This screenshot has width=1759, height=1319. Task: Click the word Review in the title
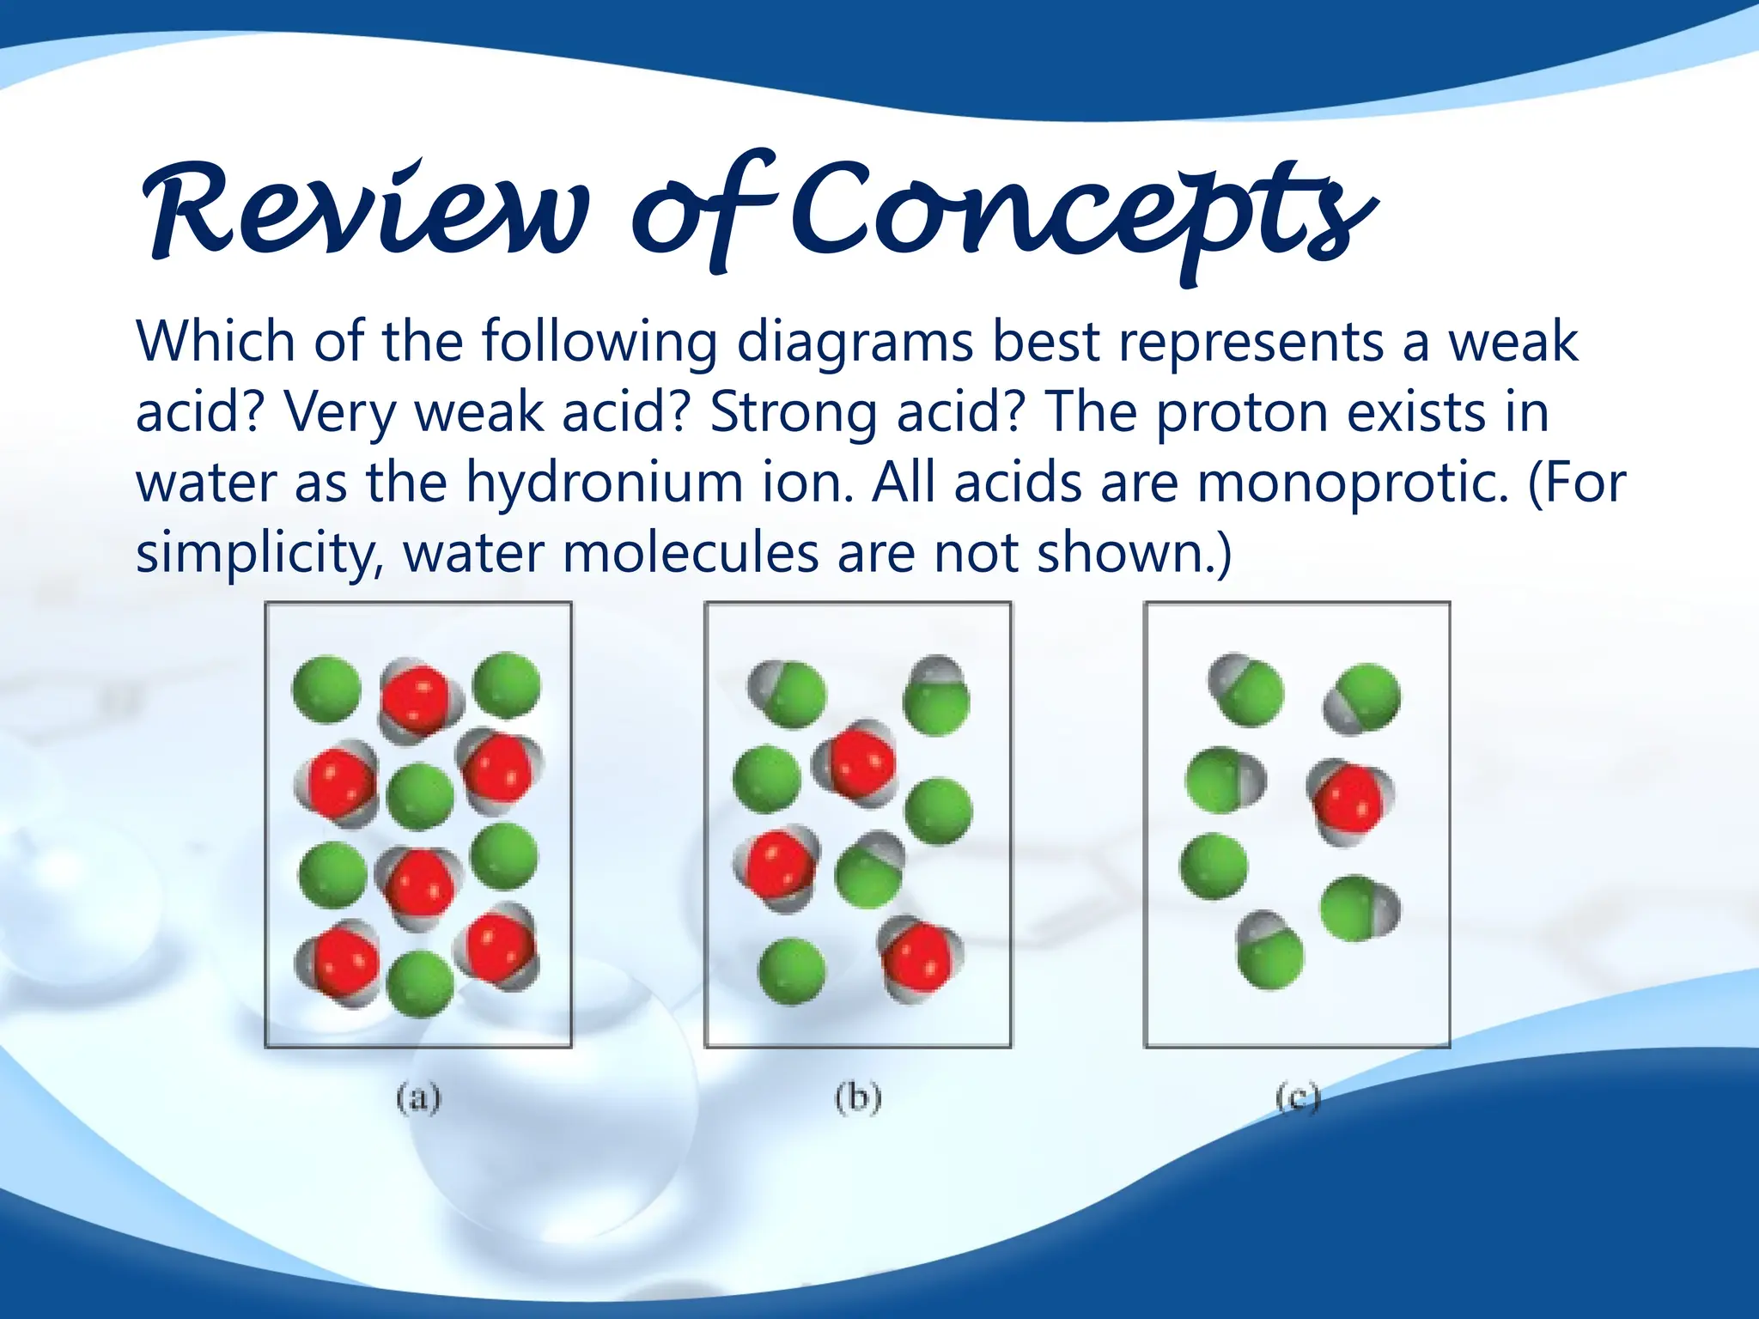[x=365, y=210]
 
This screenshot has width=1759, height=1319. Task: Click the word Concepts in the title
[x=1082, y=215]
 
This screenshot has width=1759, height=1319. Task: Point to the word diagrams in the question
[x=855, y=342]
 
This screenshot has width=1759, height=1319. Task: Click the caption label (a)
[x=418, y=1097]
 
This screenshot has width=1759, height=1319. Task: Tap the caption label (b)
[x=858, y=1097]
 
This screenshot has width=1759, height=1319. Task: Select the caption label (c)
[x=1297, y=1097]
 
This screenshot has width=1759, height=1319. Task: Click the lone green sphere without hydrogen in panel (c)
[x=1214, y=866]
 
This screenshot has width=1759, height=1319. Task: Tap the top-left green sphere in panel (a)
[x=326, y=690]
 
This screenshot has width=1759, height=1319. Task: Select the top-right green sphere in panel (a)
[x=507, y=684]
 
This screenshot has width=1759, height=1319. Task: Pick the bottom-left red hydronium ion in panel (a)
[x=344, y=963]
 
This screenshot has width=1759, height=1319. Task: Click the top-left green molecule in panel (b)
[x=788, y=694]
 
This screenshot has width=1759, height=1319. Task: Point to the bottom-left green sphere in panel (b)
[x=792, y=971]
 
